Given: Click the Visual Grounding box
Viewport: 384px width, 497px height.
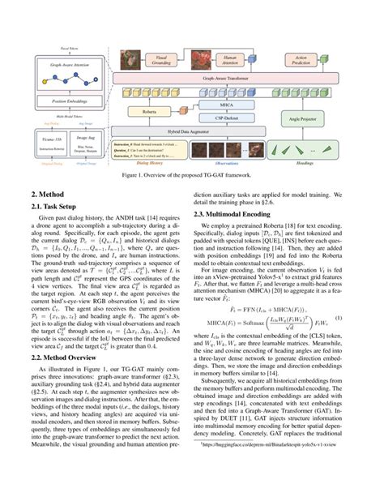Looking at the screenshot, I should (x=162, y=59).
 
